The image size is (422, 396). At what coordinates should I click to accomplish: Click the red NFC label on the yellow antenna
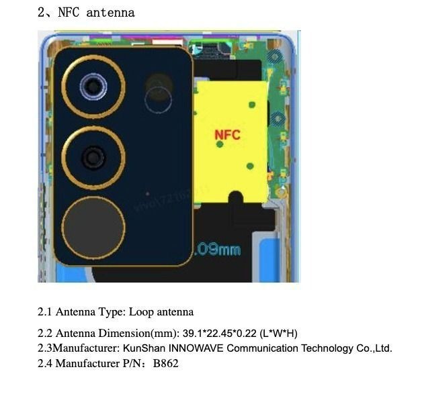tap(227, 135)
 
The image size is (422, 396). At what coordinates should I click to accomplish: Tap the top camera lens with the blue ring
tap(93, 85)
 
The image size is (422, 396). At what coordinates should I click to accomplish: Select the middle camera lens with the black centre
tap(93, 158)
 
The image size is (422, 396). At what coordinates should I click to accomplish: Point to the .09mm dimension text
tap(217, 250)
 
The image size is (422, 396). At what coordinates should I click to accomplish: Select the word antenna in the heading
tap(110, 12)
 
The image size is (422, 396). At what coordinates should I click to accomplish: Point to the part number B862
tap(166, 364)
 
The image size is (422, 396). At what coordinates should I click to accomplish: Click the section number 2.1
tap(44, 312)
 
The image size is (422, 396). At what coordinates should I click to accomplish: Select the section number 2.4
tap(44, 364)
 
